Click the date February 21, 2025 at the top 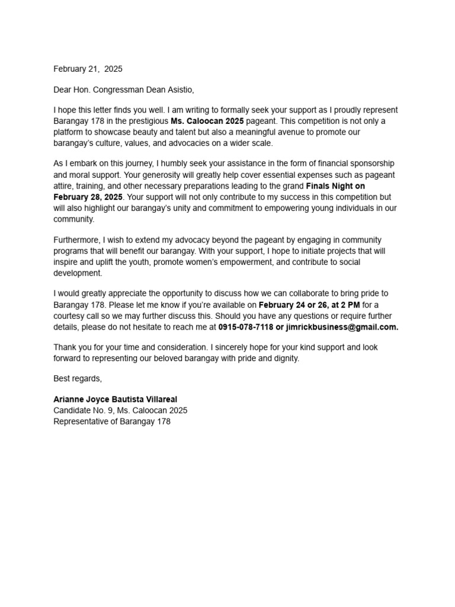click(x=88, y=69)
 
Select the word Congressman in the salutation click(x=117, y=90)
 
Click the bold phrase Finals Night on click(x=335, y=186)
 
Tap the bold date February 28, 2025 click(x=88, y=197)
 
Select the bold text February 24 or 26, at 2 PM click(x=309, y=305)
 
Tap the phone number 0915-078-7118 click(x=245, y=327)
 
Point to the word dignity click(x=284, y=359)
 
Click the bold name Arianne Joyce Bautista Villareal click(x=115, y=400)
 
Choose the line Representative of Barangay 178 click(x=111, y=421)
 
